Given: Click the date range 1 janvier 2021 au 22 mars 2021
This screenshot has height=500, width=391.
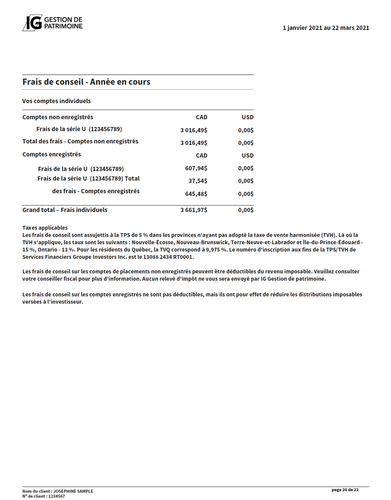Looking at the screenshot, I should [326, 28].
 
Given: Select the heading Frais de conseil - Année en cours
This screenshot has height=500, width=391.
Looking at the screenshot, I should [86, 82].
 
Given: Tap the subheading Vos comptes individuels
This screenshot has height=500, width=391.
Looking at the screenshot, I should [56, 101].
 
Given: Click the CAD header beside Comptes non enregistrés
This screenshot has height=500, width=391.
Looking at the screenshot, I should [201, 117].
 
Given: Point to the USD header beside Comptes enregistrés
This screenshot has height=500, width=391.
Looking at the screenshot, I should [248, 156].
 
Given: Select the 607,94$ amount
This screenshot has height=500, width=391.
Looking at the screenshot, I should [196, 168].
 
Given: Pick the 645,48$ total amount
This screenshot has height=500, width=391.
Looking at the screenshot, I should [196, 194].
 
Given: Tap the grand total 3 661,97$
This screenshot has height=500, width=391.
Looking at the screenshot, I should [194, 210].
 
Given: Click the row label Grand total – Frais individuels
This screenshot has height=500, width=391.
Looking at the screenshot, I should [65, 210].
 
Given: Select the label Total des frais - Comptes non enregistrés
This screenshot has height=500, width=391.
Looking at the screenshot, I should [80, 141].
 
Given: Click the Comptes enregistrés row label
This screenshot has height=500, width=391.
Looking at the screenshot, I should [51, 155].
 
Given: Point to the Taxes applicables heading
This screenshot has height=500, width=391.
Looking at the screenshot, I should [45, 228].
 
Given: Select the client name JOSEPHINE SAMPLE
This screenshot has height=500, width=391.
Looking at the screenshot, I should [73, 491].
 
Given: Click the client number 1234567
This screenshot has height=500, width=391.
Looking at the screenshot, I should [56, 496].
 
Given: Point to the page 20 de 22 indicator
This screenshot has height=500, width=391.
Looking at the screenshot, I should [345, 490].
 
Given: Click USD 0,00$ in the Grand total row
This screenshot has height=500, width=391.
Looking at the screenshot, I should [246, 210].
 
